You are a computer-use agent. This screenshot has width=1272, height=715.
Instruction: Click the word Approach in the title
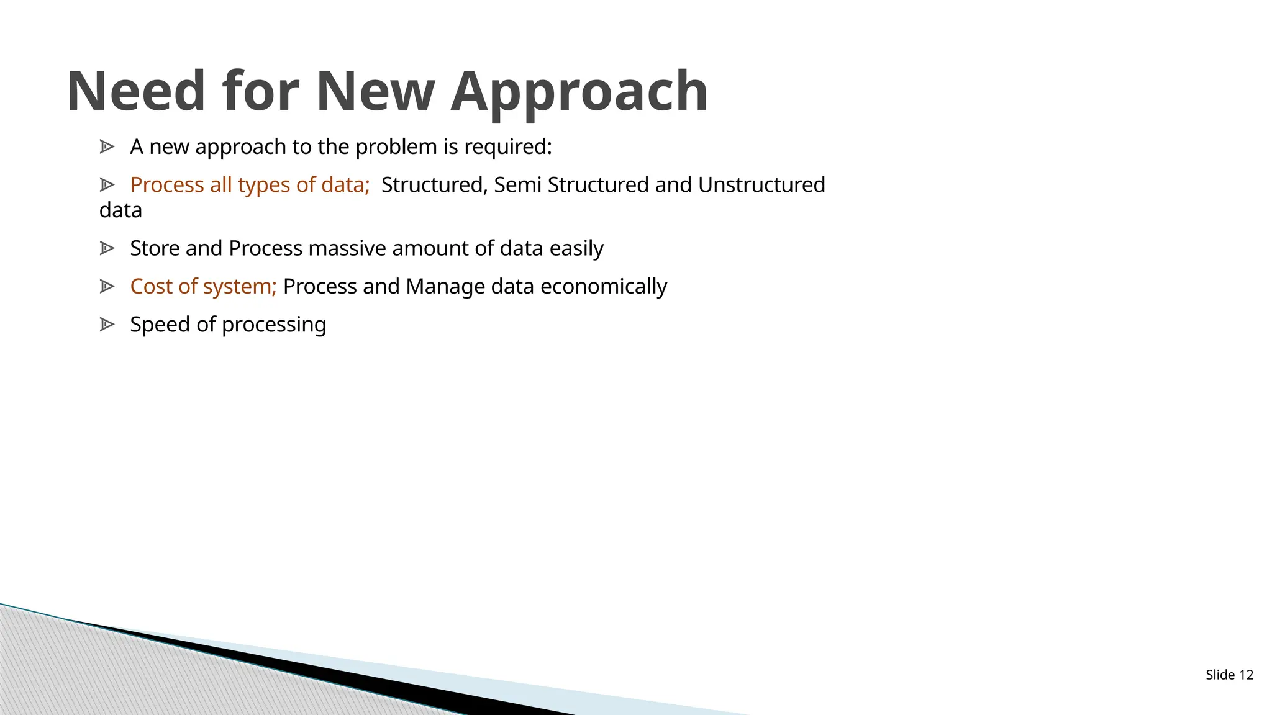pyautogui.click(x=579, y=92)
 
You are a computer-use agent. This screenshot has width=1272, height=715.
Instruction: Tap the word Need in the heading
pyautogui.click(x=135, y=92)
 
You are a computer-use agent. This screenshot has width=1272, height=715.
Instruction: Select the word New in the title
pyautogui.click(x=375, y=92)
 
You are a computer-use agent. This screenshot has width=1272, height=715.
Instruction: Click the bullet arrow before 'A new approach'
pyautogui.click(x=107, y=147)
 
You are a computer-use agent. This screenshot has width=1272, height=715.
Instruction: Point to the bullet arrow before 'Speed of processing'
pyautogui.click(x=107, y=325)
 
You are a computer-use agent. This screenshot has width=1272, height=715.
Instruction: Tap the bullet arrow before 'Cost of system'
pyautogui.click(x=107, y=286)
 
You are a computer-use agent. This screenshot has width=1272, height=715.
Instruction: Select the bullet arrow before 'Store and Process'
pyautogui.click(x=107, y=248)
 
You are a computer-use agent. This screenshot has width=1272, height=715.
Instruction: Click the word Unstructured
pyautogui.click(x=761, y=185)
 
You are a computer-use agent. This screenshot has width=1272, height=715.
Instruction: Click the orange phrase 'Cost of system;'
pyautogui.click(x=203, y=286)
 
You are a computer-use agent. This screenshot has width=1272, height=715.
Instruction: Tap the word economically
pyautogui.click(x=604, y=286)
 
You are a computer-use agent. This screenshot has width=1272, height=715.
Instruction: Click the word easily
pyautogui.click(x=576, y=248)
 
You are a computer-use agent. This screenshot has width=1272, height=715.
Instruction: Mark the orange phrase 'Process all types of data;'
pyautogui.click(x=250, y=185)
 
